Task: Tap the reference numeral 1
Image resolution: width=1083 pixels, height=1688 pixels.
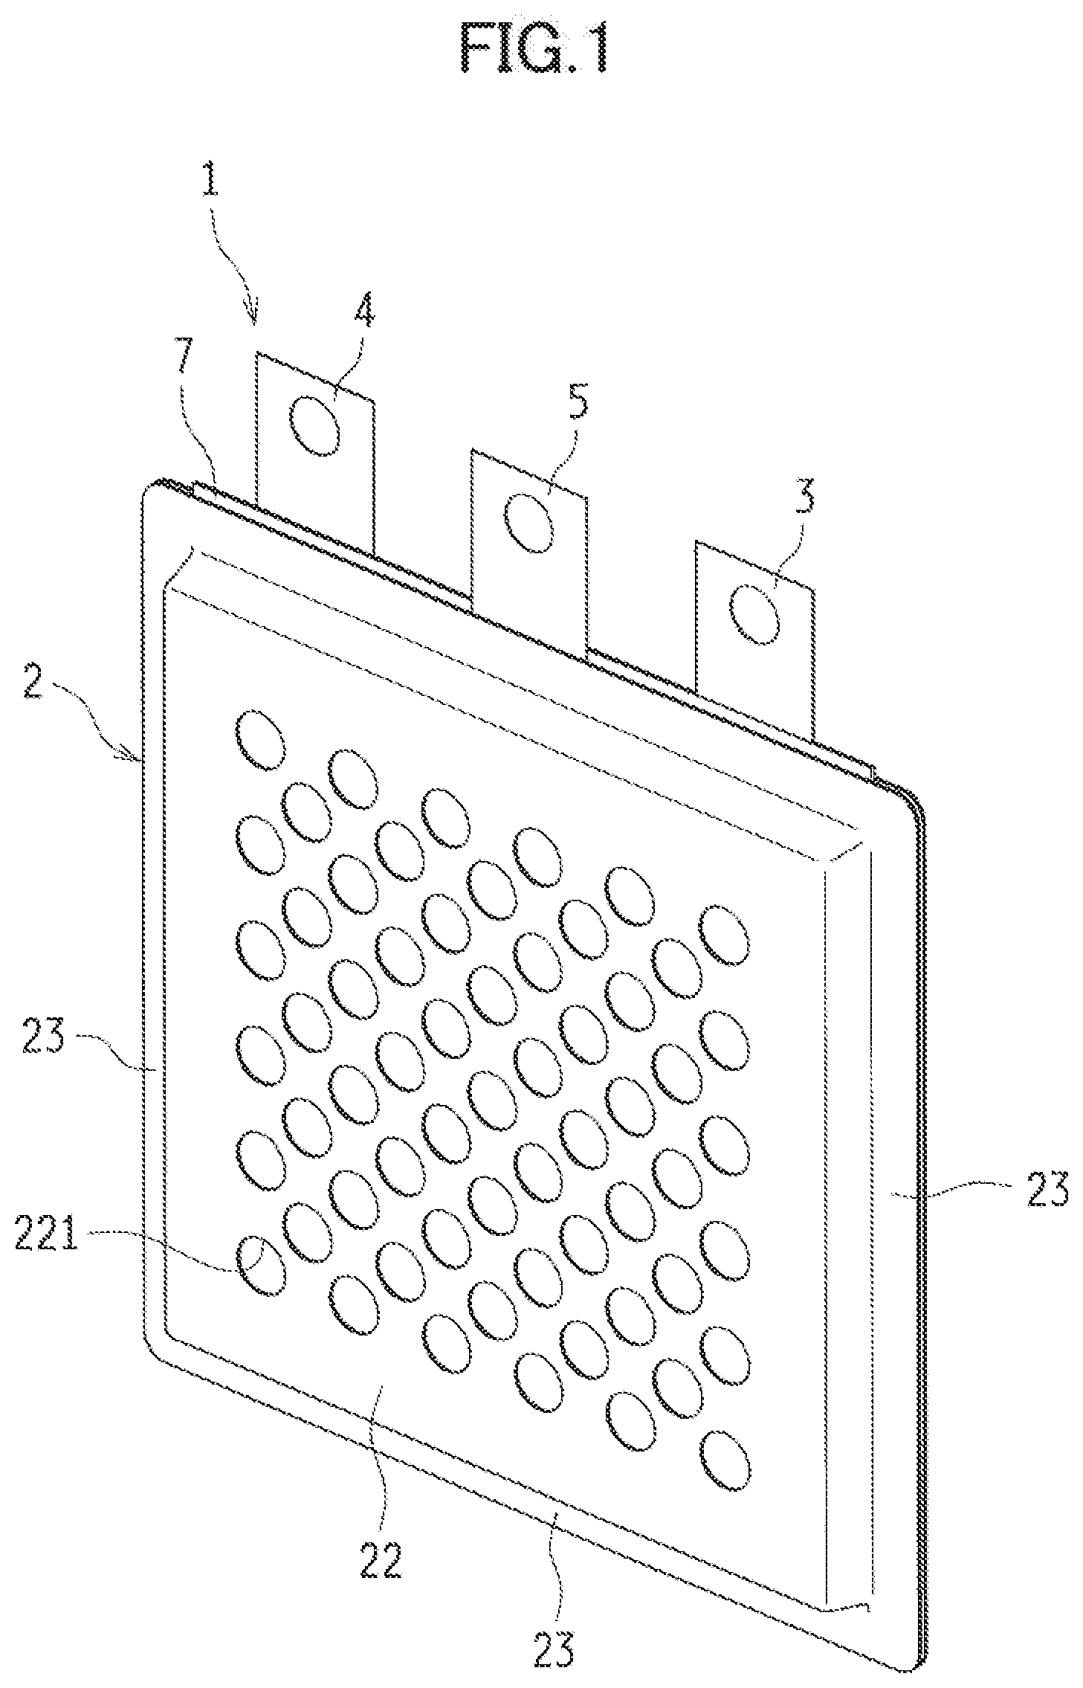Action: [210, 173]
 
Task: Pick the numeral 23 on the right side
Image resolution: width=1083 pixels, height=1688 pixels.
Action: [1044, 1188]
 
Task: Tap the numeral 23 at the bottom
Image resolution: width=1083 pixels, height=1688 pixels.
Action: [553, 1646]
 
